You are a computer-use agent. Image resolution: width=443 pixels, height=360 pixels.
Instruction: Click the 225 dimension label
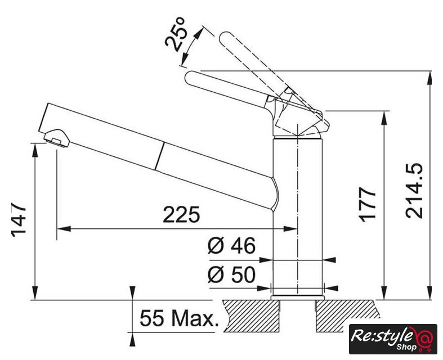[181, 214]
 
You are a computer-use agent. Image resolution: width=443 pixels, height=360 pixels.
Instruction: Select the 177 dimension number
[367, 204]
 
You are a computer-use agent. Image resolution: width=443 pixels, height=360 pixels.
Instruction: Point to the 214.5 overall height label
[414, 191]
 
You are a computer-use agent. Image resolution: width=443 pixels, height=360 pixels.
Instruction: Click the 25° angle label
[175, 34]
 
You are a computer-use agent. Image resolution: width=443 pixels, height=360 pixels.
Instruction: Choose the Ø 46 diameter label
[231, 245]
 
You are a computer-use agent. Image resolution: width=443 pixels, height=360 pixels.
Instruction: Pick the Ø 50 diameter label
[231, 274]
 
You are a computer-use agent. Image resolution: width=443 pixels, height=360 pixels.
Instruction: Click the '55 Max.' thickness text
[180, 318]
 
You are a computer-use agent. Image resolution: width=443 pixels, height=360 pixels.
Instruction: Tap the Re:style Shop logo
[393, 339]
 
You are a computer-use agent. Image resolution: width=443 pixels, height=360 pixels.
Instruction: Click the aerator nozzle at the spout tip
[57, 138]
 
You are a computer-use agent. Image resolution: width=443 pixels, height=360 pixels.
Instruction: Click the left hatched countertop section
[252, 316]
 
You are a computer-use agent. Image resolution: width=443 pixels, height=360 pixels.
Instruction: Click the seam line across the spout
[159, 156]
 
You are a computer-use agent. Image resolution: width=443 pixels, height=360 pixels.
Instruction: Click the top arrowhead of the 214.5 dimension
[429, 78]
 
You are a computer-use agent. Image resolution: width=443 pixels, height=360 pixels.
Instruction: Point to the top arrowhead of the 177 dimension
[384, 118]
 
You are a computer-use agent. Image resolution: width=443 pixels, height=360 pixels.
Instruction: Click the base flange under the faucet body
[297, 298]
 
